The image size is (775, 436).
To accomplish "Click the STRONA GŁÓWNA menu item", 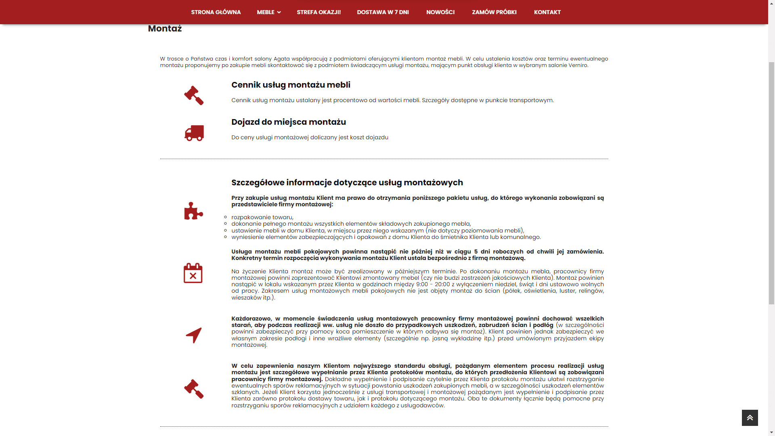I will pyautogui.click(x=216, y=12).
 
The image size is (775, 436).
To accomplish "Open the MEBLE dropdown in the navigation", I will pyautogui.click(x=268, y=12).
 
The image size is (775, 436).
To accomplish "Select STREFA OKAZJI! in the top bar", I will pyautogui.click(x=318, y=12).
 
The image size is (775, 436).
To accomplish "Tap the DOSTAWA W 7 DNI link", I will pyautogui.click(x=383, y=12).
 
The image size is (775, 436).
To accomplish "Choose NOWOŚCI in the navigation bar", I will pyautogui.click(x=440, y=12).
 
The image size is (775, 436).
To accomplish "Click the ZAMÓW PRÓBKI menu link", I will pyautogui.click(x=494, y=12).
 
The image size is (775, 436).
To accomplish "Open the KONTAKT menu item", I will pyautogui.click(x=547, y=12).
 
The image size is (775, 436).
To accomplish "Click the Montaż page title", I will pyautogui.click(x=165, y=29).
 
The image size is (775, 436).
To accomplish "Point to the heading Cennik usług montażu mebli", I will pyautogui.click(x=291, y=85).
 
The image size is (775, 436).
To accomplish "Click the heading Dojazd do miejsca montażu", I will pyautogui.click(x=288, y=122).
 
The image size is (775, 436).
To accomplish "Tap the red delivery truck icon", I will pyautogui.click(x=194, y=133).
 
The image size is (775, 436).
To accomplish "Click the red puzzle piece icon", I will pyautogui.click(x=193, y=211).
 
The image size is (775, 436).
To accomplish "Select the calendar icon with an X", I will pyautogui.click(x=193, y=273).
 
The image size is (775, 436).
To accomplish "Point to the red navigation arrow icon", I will pyautogui.click(x=194, y=335).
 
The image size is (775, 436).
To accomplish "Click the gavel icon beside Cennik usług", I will pyautogui.click(x=194, y=96).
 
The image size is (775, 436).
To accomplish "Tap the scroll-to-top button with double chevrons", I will pyautogui.click(x=750, y=418).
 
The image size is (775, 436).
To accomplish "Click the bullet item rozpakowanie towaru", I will pyautogui.click(x=262, y=217).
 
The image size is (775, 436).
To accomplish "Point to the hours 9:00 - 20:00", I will pyautogui.click(x=433, y=284).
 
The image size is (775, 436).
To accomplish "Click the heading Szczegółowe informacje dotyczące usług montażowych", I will pyautogui.click(x=347, y=182).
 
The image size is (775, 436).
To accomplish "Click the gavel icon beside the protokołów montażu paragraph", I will pyautogui.click(x=194, y=389).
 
